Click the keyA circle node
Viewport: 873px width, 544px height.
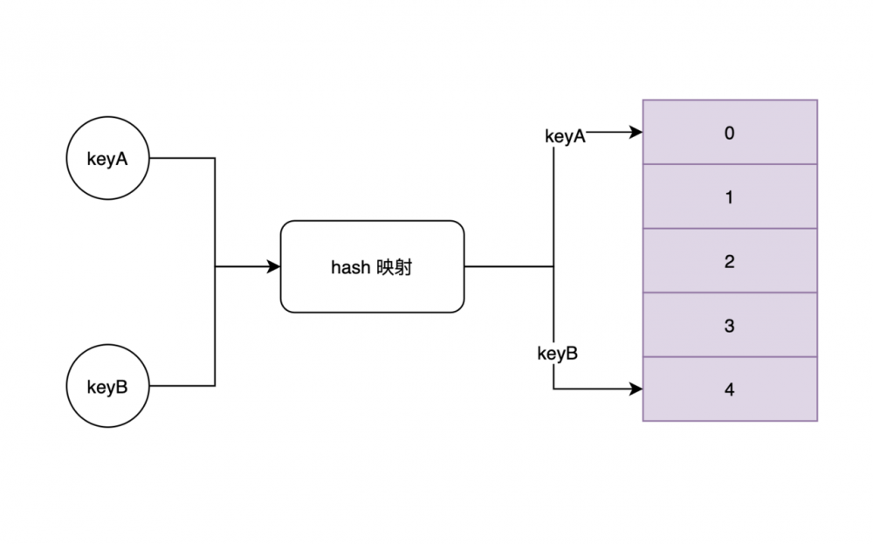pos(108,159)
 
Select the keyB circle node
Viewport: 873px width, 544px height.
pos(108,386)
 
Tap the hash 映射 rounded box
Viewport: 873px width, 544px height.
pos(372,266)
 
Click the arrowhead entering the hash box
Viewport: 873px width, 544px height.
pos(273,266)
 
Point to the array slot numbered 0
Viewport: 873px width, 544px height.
pos(730,133)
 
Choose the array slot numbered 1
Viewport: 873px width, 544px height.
pos(730,197)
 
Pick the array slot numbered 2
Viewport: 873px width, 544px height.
pos(730,261)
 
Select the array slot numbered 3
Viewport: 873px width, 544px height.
pos(730,326)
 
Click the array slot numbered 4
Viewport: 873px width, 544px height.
pos(730,389)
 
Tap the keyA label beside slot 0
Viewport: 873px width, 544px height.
pos(565,136)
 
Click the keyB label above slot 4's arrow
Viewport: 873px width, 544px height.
pos(557,354)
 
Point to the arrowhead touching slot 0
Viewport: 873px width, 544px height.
pos(636,133)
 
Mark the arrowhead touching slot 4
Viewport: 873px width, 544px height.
pos(636,389)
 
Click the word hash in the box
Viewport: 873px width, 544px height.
pos(350,267)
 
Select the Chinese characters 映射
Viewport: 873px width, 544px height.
pos(395,267)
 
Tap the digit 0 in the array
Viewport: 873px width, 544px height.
pos(730,133)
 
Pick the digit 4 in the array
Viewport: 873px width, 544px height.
pos(730,389)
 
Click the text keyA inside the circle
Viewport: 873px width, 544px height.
pos(108,159)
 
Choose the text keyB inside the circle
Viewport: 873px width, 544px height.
pos(108,386)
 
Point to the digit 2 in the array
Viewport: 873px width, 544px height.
pos(730,261)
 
